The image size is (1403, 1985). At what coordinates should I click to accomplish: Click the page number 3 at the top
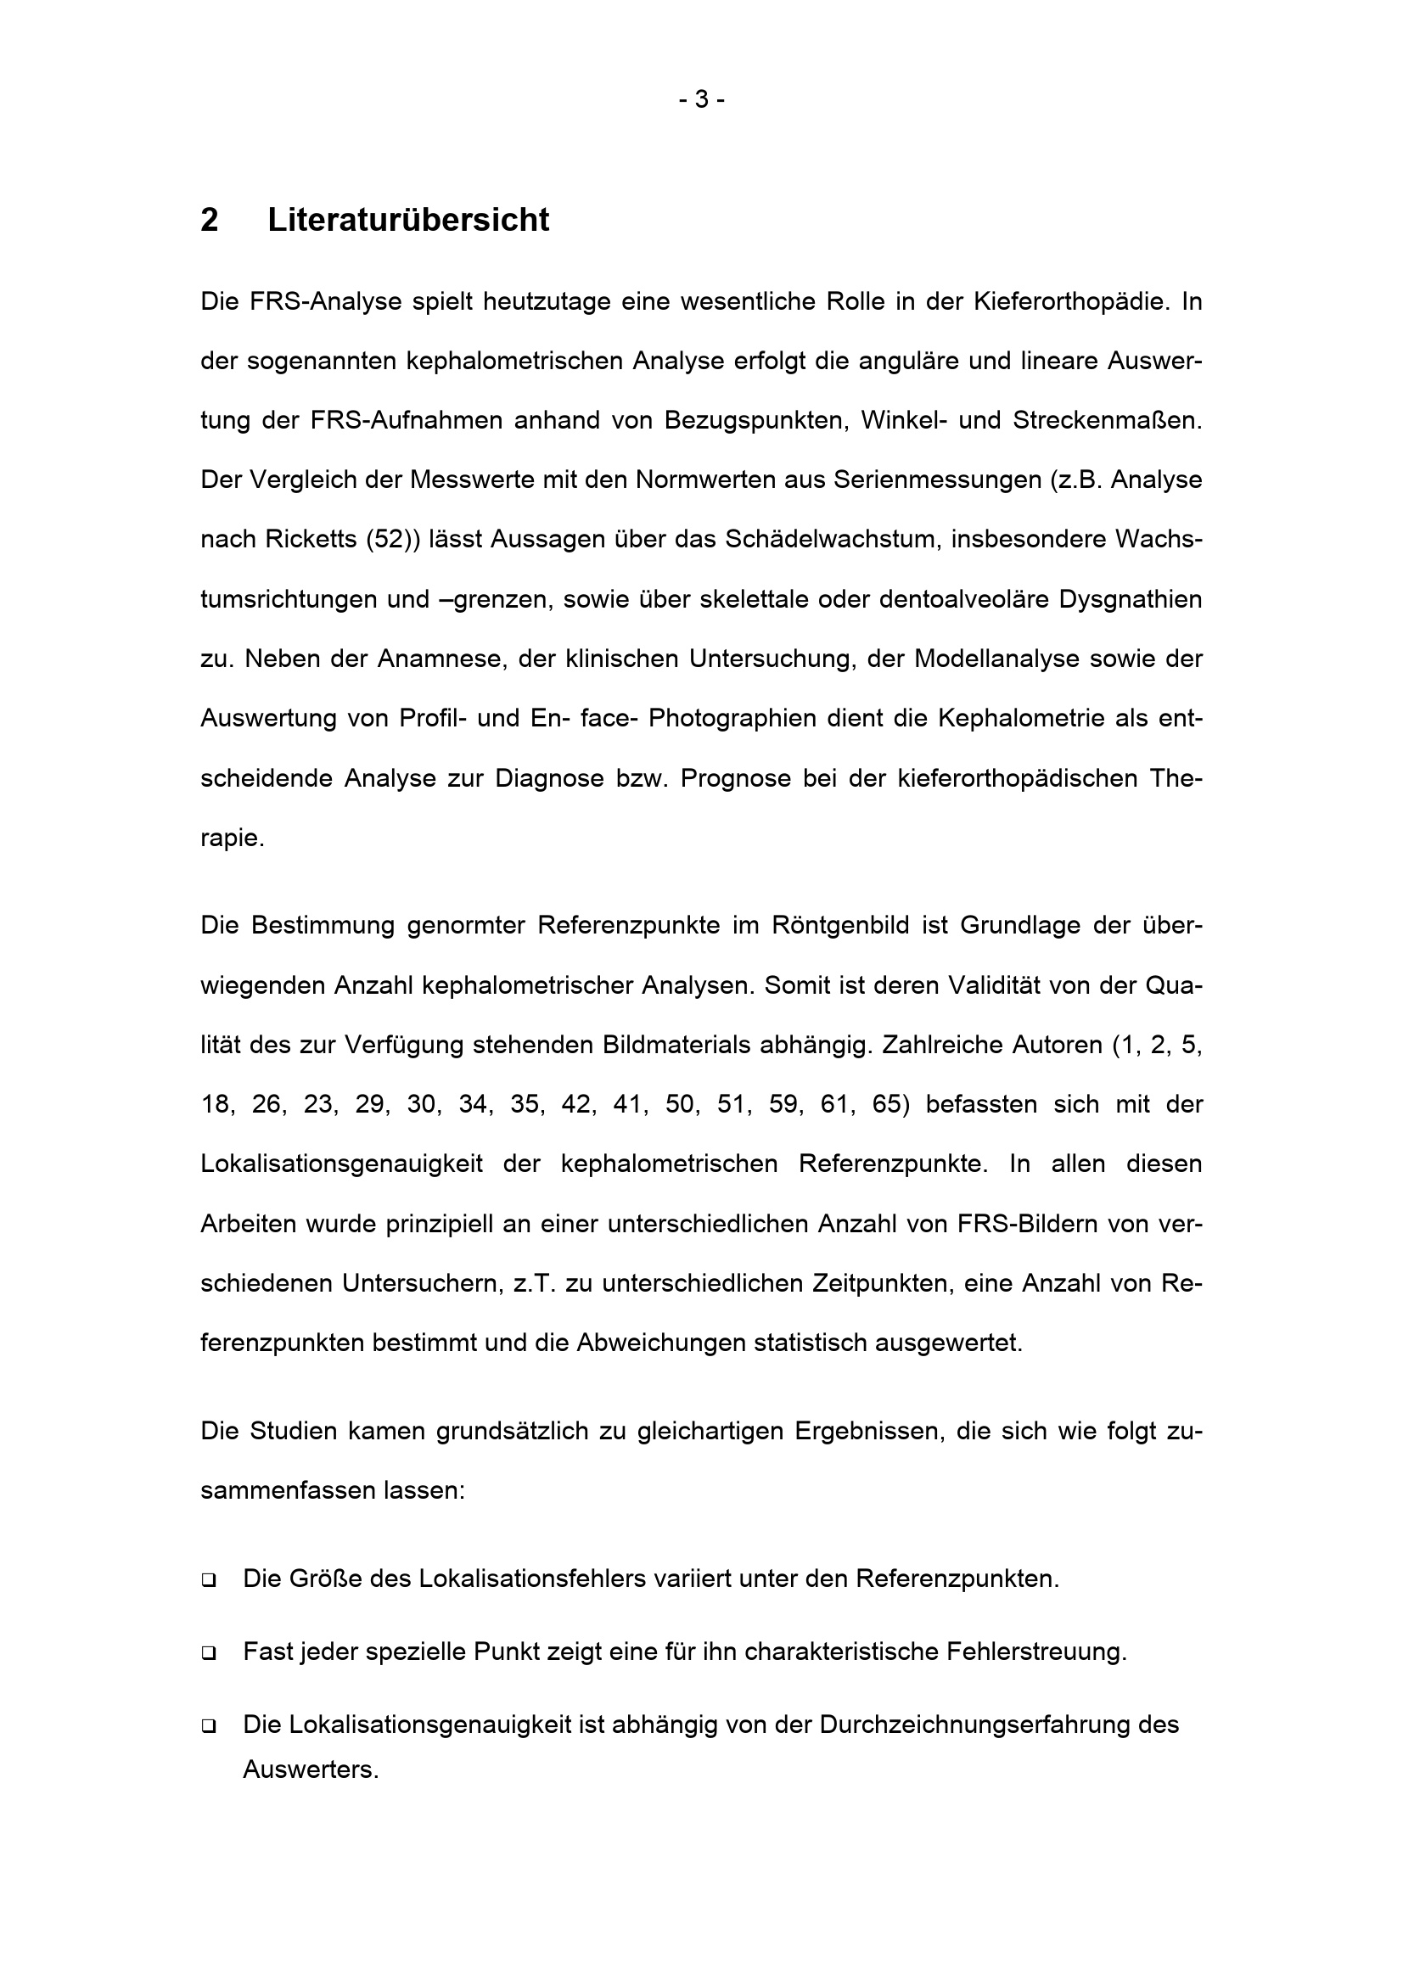click(x=701, y=100)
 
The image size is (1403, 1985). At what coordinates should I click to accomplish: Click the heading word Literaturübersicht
click(x=408, y=221)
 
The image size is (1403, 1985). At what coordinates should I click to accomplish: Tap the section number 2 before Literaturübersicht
click(x=209, y=221)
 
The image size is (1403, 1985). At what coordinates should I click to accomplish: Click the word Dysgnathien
click(x=1131, y=599)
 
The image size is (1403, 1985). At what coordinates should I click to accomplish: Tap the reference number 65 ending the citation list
click(x=887, y=1105)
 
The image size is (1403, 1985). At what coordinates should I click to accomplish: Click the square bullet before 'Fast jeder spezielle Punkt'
click(x=208, y=1654)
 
